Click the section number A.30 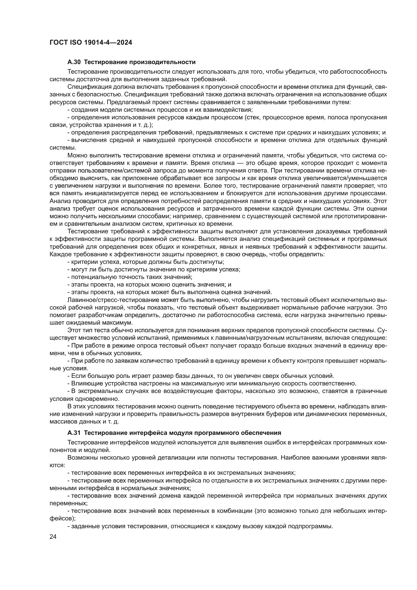(x=74, y=62)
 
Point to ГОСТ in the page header (x=58, y=43)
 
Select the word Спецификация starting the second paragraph (x=85, y=87)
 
